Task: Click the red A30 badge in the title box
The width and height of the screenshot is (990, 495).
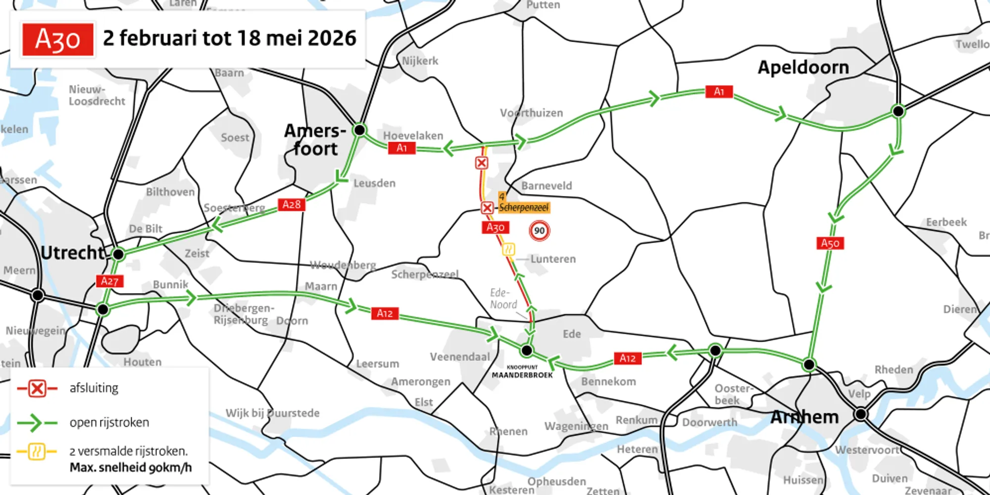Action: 57,40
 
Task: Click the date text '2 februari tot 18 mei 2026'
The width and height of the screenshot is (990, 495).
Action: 229,38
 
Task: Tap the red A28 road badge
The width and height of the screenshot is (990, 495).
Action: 292,204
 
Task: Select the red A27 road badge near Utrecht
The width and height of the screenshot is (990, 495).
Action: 109,281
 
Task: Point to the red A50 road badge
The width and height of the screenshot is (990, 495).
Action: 830,243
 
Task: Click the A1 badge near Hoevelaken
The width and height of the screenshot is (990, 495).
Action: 401,148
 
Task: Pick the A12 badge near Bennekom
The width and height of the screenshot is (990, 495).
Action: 627,358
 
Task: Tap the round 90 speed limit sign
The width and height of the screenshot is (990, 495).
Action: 539,231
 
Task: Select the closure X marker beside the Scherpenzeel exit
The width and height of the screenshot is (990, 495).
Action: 487,208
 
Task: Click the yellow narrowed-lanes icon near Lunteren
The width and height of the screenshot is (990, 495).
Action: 508,249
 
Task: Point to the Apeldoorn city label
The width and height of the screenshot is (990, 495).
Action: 803,67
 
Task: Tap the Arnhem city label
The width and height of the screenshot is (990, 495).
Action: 804,417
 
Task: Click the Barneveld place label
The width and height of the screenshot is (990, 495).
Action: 546,186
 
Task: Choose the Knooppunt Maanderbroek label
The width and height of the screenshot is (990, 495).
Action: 522,372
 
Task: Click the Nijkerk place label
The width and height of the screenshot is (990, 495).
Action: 420,61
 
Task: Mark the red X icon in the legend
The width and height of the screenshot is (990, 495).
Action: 37,389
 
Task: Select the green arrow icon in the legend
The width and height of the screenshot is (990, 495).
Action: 36,423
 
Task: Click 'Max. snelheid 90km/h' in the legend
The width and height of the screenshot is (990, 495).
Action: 131,467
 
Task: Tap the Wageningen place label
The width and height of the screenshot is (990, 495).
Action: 576,426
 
